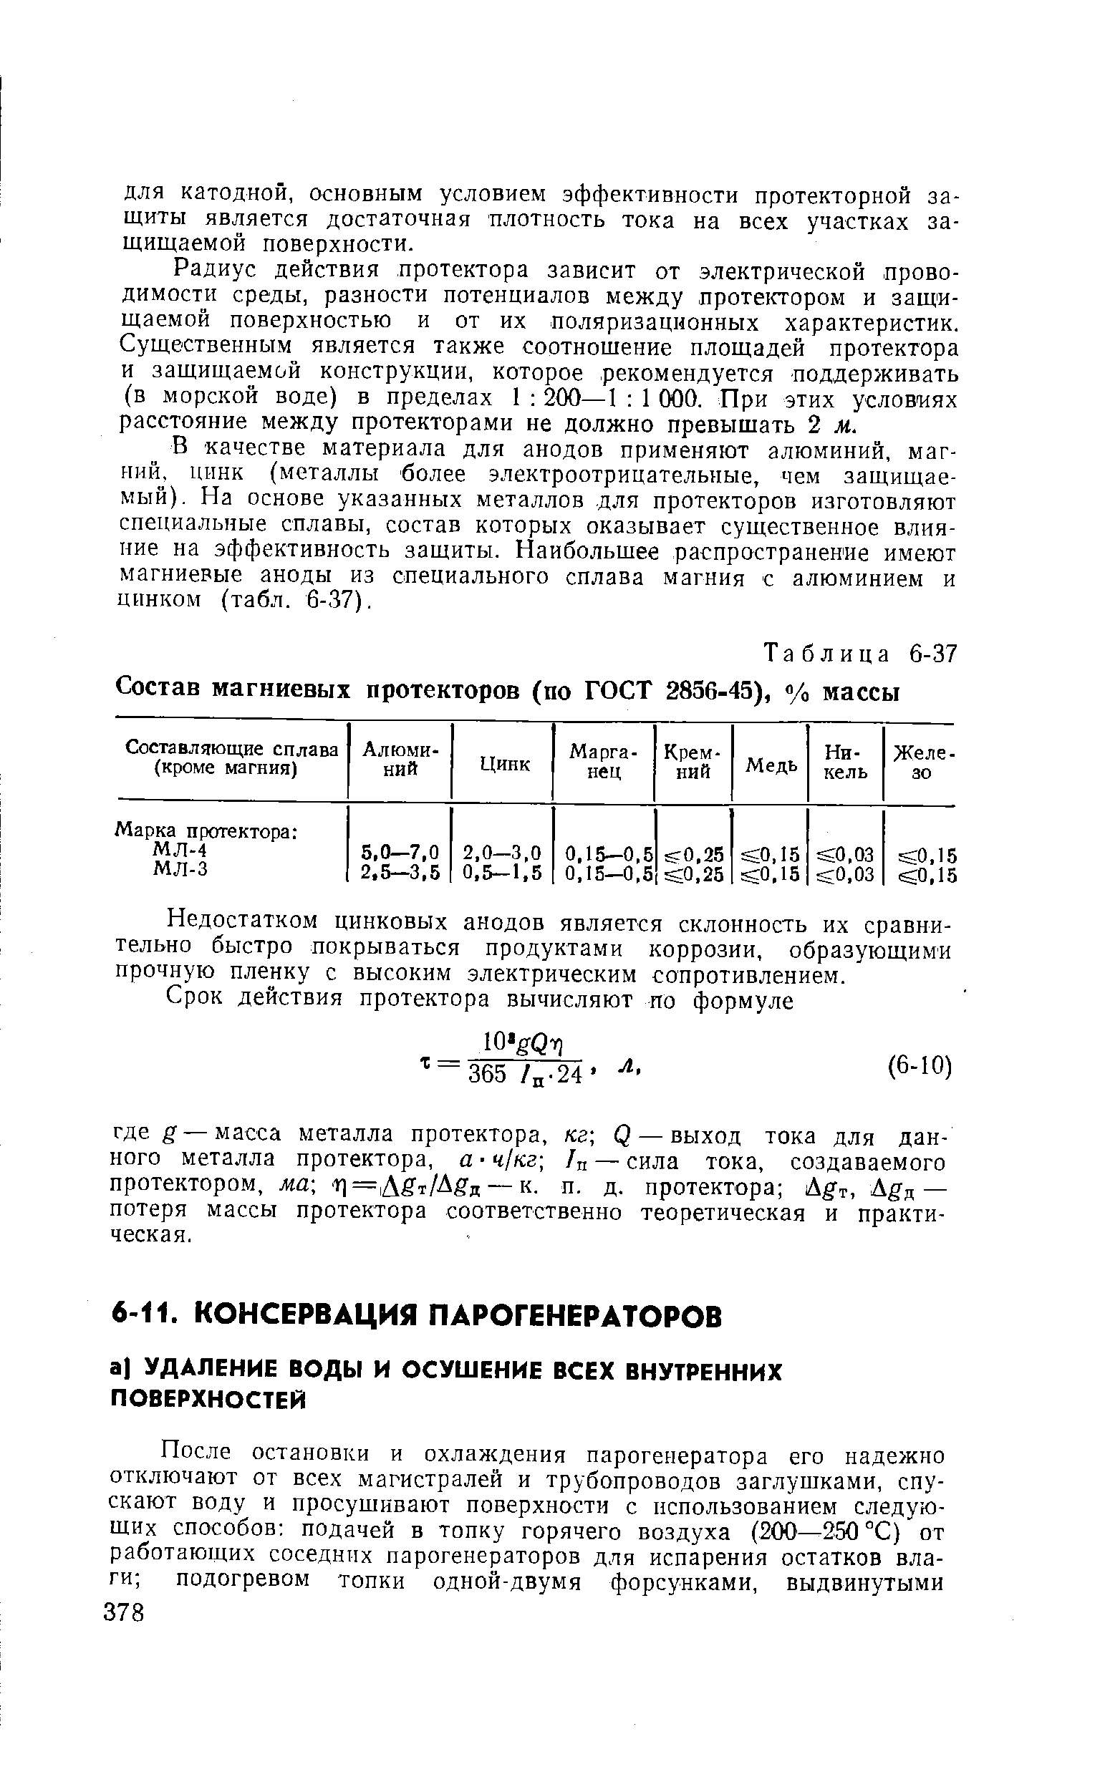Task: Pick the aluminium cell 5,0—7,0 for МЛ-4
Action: point(401,852)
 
